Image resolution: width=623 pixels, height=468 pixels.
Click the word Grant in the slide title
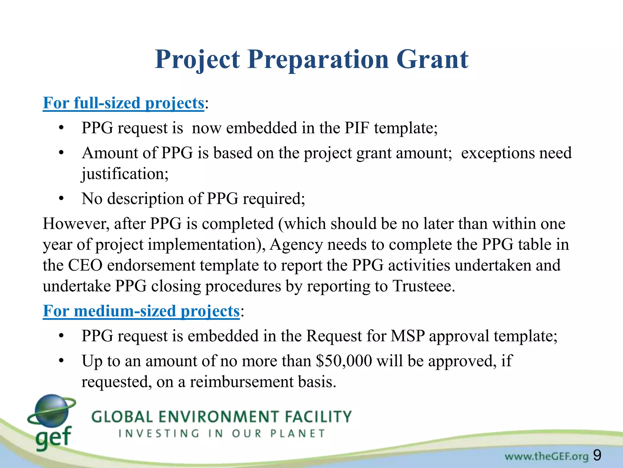pos(432,59)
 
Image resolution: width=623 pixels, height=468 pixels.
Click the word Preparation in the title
pos(318,59)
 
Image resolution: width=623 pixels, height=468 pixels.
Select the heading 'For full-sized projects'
pos(123,103)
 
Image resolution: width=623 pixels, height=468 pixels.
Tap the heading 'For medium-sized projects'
pos(141,311)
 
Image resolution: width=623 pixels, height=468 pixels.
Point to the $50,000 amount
pos(344,361)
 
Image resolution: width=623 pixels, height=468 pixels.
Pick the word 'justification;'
pos(125,174)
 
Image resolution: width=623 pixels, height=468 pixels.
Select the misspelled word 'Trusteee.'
pos(423,286)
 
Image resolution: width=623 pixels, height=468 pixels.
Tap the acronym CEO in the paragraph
pos(85,265)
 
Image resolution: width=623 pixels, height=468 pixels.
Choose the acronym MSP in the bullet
pos(408,336)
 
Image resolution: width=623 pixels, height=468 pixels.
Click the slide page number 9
pos(597,456)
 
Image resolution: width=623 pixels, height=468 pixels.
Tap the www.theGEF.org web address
pos(546,456)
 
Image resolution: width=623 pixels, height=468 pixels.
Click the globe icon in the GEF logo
pos(51,410)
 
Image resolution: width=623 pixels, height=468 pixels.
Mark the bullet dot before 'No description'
pos(61,199)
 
